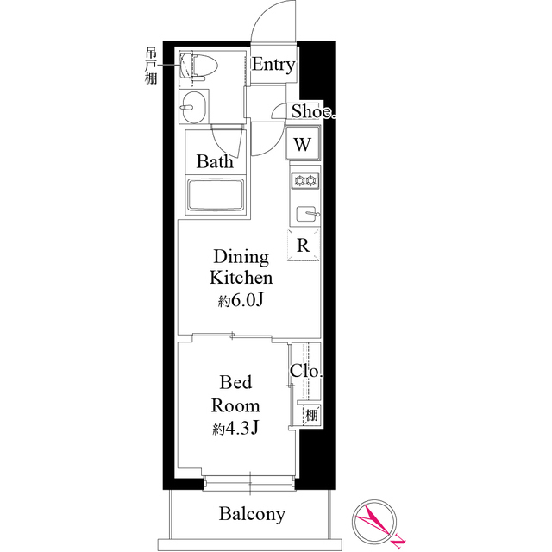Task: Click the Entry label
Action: click(273, 66)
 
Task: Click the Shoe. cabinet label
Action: click(311, 111)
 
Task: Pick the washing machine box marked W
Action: click(303, 144)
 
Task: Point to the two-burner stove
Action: click(305, 181)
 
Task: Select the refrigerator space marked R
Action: click(304, 245)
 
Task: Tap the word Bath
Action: click(213, 161)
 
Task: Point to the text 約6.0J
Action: click(241, 301)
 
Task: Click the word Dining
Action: click(241, 257)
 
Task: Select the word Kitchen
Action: click(241, 279)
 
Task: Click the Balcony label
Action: click(251, 515)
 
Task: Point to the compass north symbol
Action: click(376, 523)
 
